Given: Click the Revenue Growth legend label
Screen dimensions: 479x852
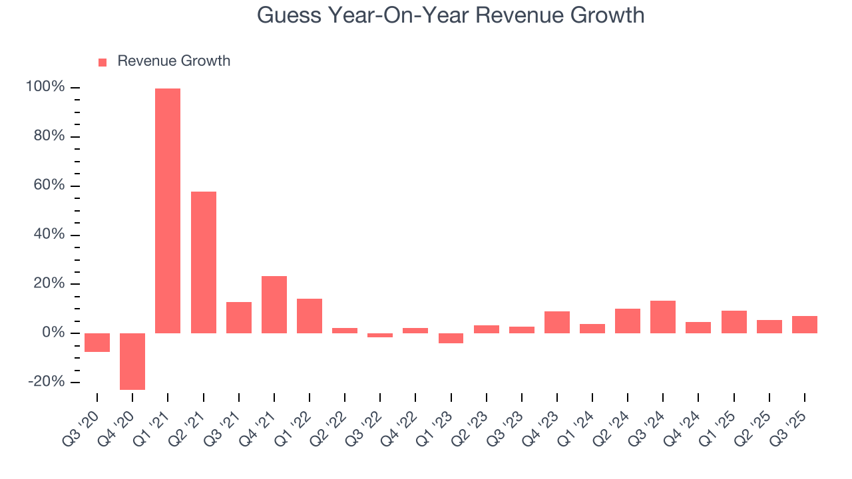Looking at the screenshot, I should pos(174,61).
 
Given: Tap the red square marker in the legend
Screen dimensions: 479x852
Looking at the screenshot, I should pos(103,63).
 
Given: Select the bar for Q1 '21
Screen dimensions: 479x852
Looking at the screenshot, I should pos(168,210).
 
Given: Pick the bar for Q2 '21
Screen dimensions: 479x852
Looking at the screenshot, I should pos(204,262).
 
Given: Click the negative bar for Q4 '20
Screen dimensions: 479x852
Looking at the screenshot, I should pos(132,361).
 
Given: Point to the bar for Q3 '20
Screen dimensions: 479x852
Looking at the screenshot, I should pos(97,343).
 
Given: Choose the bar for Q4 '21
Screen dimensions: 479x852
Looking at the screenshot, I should pos(274,305).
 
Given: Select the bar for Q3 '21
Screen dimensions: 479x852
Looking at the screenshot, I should pos(239,317).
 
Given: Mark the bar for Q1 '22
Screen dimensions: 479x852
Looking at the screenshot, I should pos(310,316).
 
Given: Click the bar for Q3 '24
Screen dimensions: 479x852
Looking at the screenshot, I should pos(663,317).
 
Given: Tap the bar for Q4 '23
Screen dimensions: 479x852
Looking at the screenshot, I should pos(557,322).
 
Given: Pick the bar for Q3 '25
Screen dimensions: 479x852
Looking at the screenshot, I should pos(805,325).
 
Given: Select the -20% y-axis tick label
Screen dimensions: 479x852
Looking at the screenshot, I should pos(47,382).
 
